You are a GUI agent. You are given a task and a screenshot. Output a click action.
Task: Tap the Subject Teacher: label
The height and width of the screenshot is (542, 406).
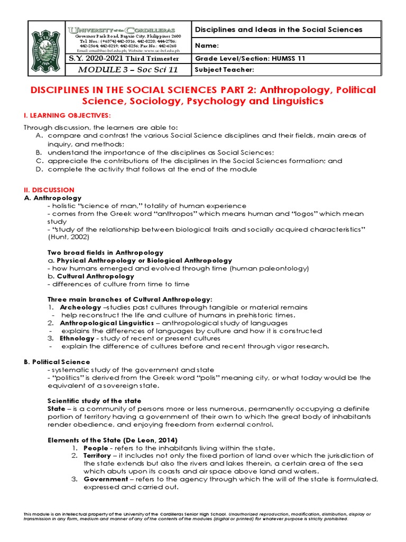pyautogui.click(x=225, y=69)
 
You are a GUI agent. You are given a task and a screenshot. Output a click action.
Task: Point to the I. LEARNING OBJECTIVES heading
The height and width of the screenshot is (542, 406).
pyautogui.click(x=68, y=115)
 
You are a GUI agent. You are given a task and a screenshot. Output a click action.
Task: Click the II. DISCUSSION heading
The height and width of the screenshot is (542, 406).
pyautogui.click(x=49, y=189)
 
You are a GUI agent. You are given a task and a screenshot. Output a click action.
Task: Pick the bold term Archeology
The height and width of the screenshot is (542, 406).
pyautogui.click(x=80, y=307)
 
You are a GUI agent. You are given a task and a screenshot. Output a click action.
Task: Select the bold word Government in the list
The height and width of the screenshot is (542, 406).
pyautogui.click(x=106, y=479)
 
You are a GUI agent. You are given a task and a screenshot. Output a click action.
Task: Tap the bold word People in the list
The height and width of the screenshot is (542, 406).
pyautogui.click(x=96, y=448)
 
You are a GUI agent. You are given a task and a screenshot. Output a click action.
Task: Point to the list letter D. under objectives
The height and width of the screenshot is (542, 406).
pyautogui.click(x=38, y=169)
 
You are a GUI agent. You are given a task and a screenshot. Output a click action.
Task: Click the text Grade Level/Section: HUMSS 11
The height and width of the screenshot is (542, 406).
pyautogui.click(x=250, y=58)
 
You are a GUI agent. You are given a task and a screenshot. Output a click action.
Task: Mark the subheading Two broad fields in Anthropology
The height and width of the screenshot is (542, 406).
pyautogui.click(x=106, y=252)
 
